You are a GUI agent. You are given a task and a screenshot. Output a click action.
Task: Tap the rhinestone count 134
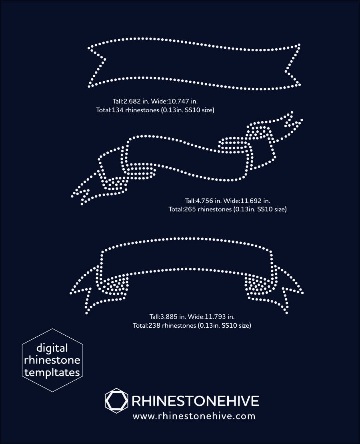click(119, 110)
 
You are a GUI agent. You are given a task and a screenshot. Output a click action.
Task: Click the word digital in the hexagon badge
click(52, 348)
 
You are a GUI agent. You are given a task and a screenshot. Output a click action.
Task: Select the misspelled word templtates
click(52, 372)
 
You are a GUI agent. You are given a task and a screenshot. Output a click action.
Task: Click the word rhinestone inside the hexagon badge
click(52, 360)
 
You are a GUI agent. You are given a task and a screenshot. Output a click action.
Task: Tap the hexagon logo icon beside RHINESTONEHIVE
click(116, 400)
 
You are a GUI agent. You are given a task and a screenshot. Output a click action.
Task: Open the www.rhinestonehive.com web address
click(194, 416)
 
